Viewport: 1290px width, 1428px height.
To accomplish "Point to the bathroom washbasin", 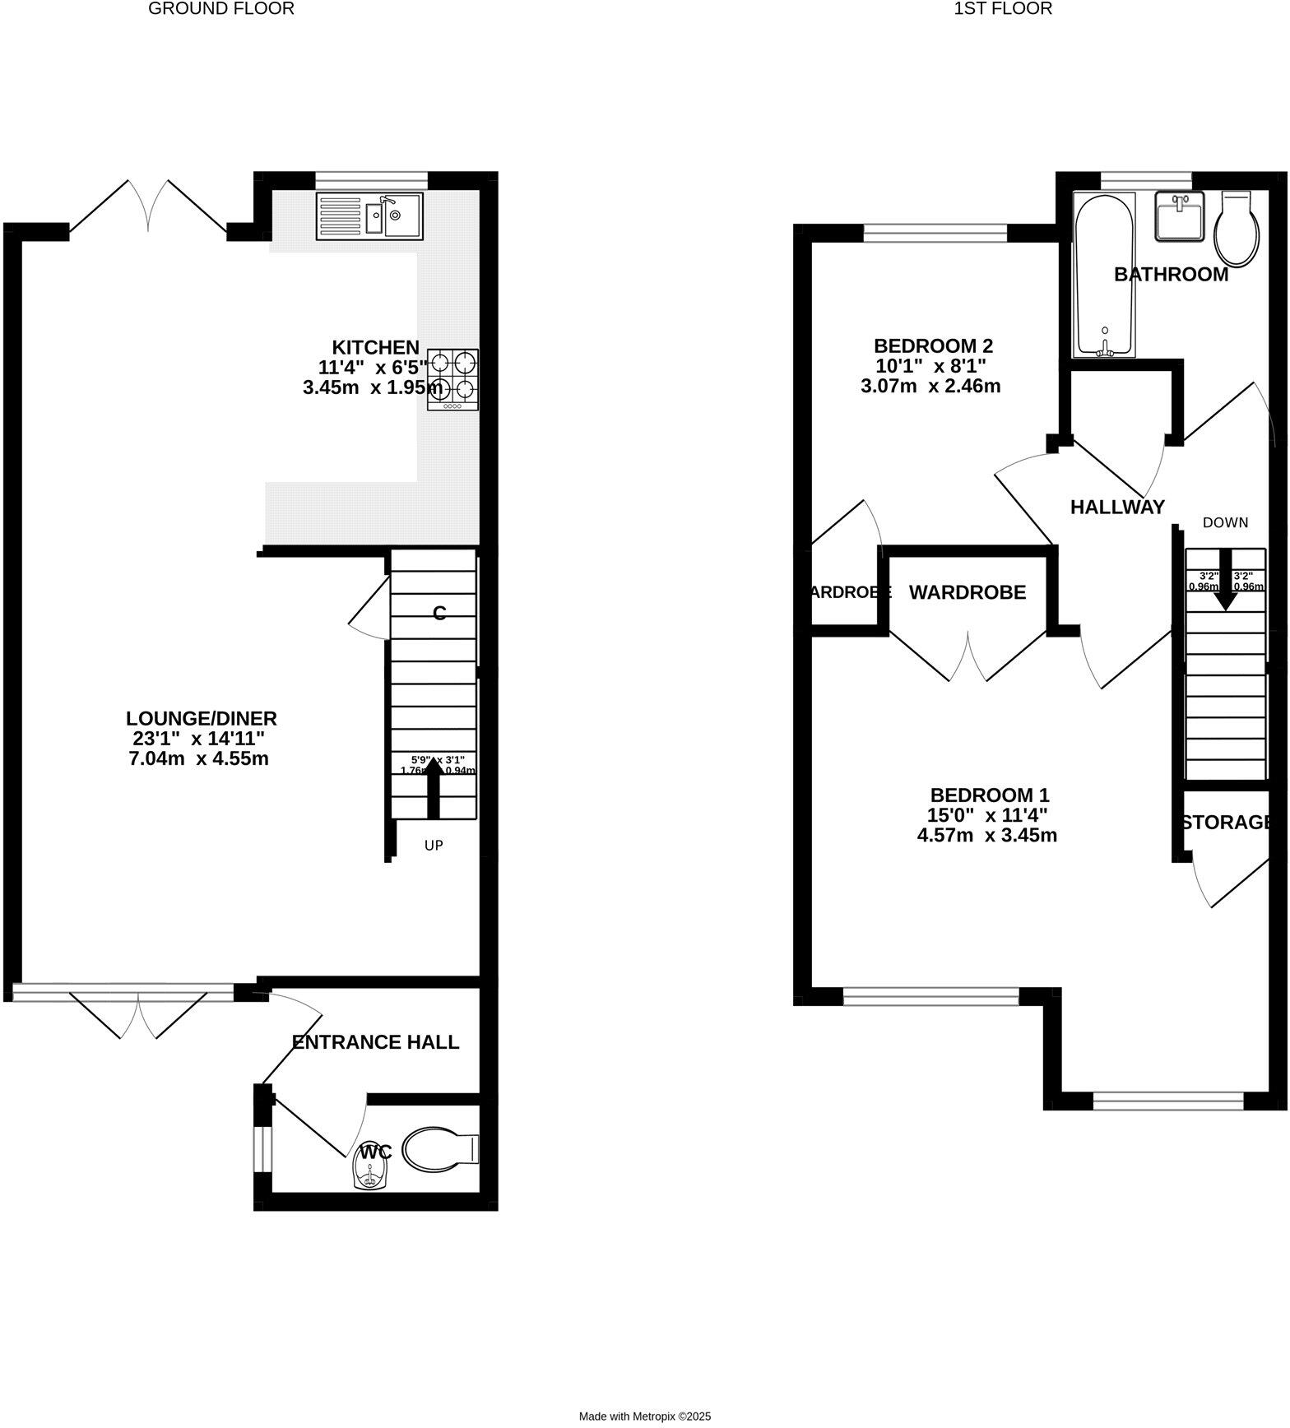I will tap(1180, 216).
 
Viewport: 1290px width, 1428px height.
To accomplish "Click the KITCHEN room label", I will tap(375, 347).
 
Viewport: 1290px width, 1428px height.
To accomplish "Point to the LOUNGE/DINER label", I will tap(202, 717).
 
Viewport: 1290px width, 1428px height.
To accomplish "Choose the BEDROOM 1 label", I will tap(990, 795).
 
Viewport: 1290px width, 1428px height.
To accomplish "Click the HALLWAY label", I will tap(1117, 507).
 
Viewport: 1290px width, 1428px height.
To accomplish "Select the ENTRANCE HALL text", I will tap(375, 1042).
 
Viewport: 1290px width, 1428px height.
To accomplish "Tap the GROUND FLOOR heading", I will tap(221, 9).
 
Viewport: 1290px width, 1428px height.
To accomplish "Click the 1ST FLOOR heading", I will tap(1003, 9).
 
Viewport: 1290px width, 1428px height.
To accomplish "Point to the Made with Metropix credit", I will tap(645, 1416).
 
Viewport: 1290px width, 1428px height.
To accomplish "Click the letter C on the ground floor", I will tap(439, 613).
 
